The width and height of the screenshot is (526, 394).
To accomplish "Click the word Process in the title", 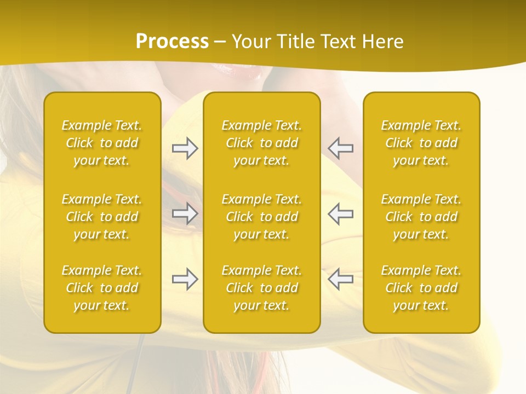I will [x=172, y=42].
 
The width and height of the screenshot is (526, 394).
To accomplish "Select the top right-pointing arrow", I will [x=185, y=148].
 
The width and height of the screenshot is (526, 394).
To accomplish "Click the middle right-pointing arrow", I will [x=185, y=213].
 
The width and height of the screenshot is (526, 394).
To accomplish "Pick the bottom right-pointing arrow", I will [x=185, y=279].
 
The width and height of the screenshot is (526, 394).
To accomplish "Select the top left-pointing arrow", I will [x=341, y=148].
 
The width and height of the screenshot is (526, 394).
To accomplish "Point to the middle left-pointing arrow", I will [x=341, y=213].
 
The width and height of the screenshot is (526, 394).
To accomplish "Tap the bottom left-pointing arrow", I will [x=341, y=279].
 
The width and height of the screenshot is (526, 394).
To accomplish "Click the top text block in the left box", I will [x=102, y=143].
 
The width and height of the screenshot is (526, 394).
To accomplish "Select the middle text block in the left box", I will [x=102, y=217].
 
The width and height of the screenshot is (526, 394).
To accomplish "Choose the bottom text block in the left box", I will [x=102, y=288].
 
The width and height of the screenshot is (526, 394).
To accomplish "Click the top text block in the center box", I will [x=262, y=143].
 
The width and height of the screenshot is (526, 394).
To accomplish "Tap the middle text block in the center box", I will [x=262, y=217].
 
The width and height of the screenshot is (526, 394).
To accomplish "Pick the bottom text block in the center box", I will [x=262, y=288].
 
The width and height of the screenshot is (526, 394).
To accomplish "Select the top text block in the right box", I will [x=421, y=143].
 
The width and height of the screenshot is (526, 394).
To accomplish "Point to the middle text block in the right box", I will [x=421, y=217].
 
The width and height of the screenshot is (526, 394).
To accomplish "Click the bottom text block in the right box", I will [x=421, y=288].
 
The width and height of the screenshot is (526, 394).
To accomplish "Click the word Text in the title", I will [x=338, y=42].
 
